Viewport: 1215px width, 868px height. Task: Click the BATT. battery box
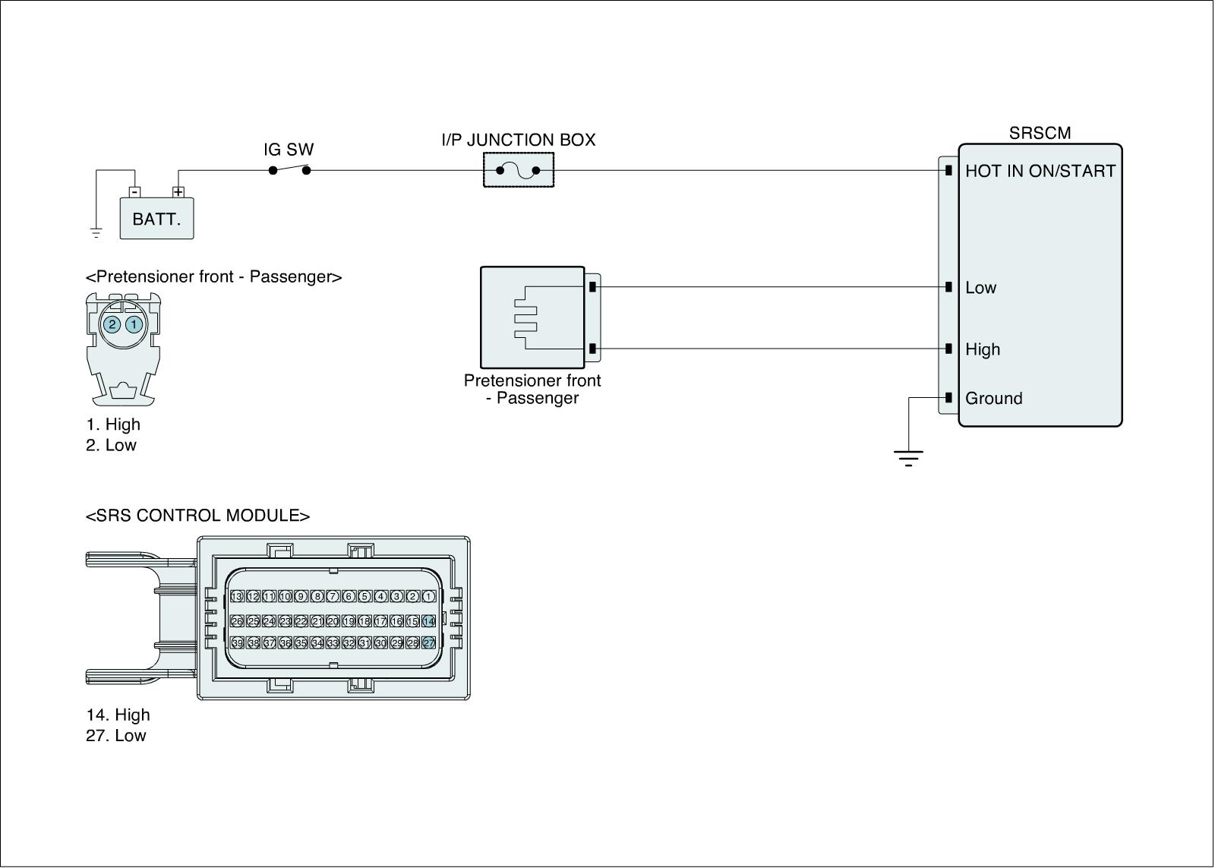(156, 219)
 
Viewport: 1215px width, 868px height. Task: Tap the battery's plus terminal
(178, 192)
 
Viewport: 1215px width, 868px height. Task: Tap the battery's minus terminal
(134, 192)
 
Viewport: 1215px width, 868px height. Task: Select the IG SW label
(289, 150)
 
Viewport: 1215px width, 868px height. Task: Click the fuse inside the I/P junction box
(519, 170)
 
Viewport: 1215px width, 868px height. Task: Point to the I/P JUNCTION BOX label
(519, 140)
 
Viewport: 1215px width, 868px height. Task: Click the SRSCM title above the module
(1040, 133)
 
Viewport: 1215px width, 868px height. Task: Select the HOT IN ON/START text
(1040, 171)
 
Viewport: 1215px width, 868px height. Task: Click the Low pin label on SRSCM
(980, 288)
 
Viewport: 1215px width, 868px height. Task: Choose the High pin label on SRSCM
(983, 349)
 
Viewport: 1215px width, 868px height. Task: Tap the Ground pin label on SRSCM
(993, 399)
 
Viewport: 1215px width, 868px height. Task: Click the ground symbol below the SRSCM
(908, 456)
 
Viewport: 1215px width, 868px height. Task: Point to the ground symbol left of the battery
(96, 232)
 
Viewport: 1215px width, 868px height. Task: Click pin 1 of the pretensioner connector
(134, 325)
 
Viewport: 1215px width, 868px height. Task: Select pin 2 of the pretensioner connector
(112, 325)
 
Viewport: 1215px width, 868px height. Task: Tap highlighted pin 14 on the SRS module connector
(429, 621)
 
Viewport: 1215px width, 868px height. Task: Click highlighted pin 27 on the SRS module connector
(429, 643)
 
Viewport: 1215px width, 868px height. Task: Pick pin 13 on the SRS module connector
(237, 597)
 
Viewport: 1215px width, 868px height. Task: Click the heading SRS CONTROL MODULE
(197, 516)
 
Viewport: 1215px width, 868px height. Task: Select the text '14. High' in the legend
(118, 715)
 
